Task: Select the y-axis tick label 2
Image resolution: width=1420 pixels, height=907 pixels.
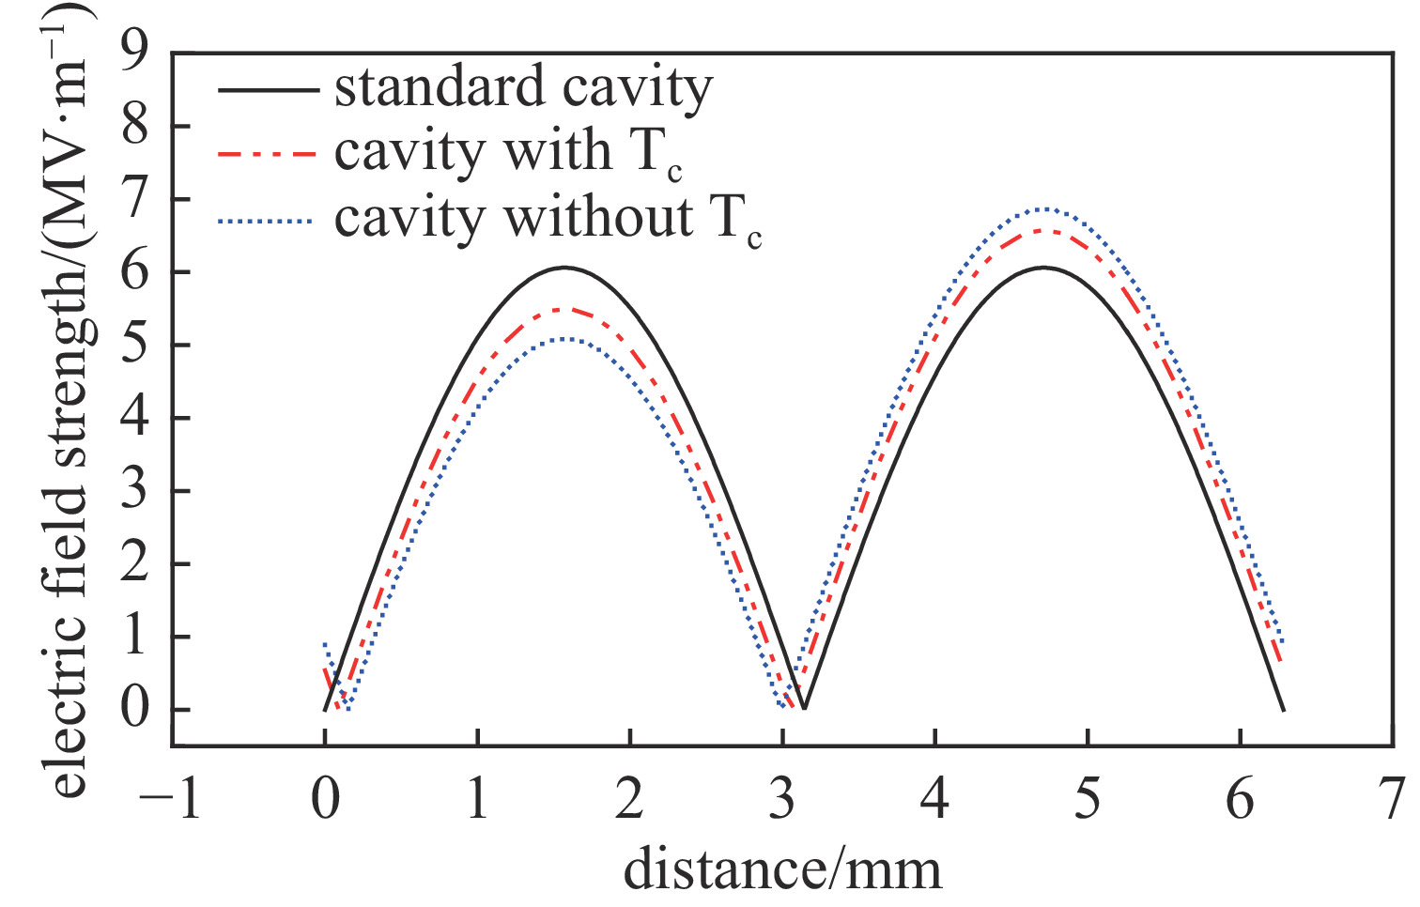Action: click(x=135, y=564)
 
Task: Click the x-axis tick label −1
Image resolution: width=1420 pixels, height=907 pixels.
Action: click(x=171, y=800)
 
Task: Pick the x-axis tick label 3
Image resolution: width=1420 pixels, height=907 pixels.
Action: click(x=782, y=800)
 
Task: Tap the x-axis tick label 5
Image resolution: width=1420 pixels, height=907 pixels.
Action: click(x=1088, y=800)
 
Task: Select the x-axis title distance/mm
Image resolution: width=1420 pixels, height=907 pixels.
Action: click(x=782, y=869)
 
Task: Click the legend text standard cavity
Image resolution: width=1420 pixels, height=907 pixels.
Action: click(x=523, y=88)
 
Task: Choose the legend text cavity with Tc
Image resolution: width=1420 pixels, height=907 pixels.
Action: click(x=507, y=152)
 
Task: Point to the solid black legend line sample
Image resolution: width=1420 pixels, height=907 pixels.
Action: click(x=268, y=90)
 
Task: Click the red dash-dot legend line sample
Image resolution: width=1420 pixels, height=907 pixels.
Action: click(x=268, y=153)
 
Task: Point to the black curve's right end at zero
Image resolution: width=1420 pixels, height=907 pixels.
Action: click(x=1283, y=709)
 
